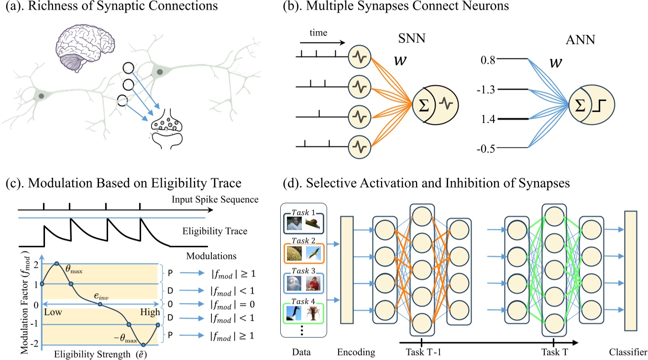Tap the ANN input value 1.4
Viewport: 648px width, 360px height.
[x=488, y=119]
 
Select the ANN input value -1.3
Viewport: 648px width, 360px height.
[x=486, y=89]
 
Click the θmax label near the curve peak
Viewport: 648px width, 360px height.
[x=75, y=271]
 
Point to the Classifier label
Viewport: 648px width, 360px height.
[x=627, y=352]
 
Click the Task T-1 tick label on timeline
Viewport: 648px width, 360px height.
[x=421, y=352]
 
